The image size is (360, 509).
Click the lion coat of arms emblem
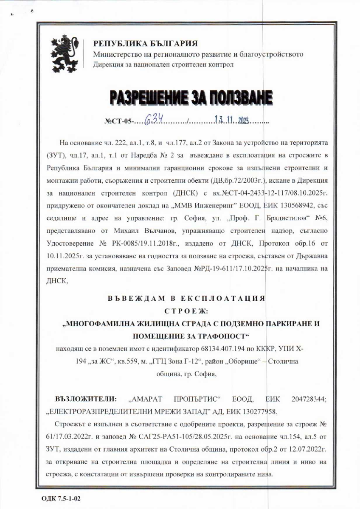pyautogui.click(x=66, y=54)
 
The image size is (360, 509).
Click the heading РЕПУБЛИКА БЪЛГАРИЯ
pyautogui.click(x=145, y=44)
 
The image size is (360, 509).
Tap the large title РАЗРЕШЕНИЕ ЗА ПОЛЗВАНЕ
pyautogui.click(x=191, y=97)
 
